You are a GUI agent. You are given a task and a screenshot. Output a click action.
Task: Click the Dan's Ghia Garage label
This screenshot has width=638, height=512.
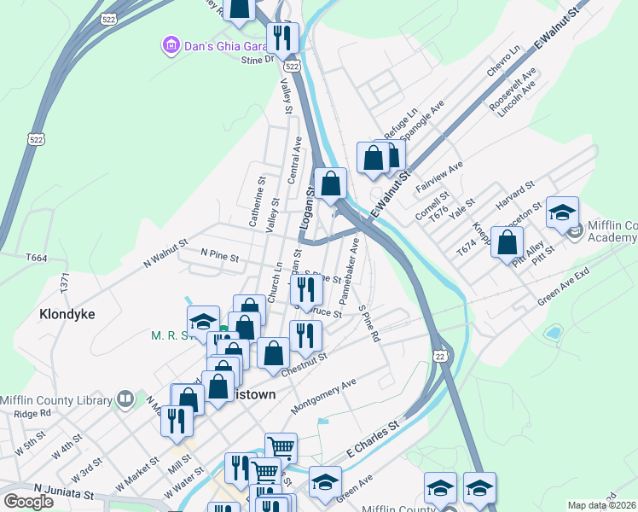click(221, 44)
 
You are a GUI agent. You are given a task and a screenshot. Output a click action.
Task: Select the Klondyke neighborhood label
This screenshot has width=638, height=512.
click(67, 314)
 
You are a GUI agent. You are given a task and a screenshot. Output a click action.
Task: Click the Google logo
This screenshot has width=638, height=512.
click(29, 501)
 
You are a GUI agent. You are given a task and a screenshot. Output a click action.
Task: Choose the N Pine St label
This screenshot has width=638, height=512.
click(220, 253)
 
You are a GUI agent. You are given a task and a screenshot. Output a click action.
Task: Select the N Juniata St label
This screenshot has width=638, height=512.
click(64, 491)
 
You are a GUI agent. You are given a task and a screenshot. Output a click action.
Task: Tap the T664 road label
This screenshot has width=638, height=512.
click(37, 258)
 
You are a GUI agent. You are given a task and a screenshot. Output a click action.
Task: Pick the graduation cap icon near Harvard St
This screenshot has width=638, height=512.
click(562, 213)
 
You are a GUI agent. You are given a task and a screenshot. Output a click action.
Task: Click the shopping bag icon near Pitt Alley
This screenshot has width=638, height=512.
click(507, 243)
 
